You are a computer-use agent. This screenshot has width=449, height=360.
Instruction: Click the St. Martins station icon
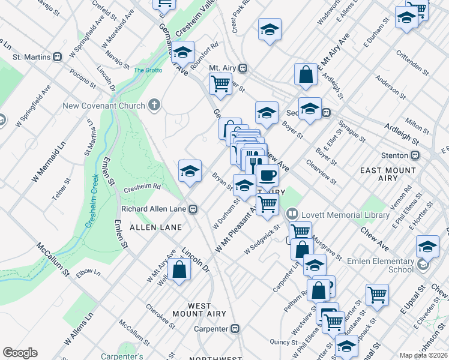[58, 57]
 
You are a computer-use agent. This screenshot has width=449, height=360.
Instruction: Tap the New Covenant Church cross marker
[154, 106]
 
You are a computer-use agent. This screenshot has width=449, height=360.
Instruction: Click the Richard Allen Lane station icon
[193, 209]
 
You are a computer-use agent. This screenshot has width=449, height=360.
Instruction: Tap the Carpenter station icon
[235, 329]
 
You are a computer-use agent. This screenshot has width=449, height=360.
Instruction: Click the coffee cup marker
[267, 175]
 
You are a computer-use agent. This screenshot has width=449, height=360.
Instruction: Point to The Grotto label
[148, 70]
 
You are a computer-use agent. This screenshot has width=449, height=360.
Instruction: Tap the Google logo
[20, 353]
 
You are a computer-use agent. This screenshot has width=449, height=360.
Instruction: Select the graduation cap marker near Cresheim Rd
[190, 171]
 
